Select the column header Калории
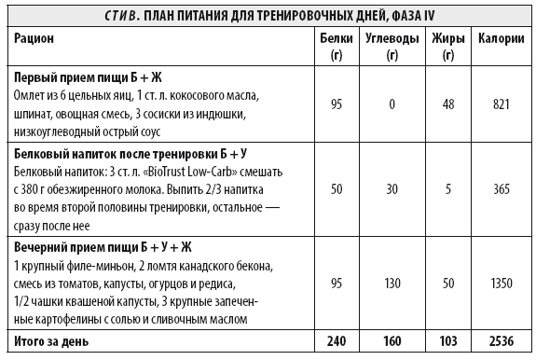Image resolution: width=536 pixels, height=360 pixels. point(499,38)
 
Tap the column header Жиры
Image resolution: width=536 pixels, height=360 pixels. point(448,38)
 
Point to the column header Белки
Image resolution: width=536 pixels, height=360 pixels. point(335,38)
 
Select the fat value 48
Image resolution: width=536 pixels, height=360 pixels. point(448,104)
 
